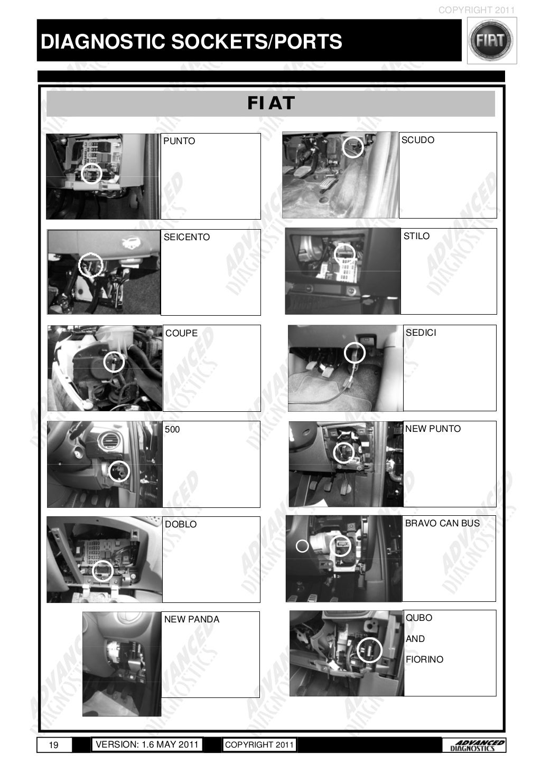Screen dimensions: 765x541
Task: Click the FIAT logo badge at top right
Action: (491, 41)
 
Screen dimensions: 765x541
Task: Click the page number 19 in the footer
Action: (53, 745)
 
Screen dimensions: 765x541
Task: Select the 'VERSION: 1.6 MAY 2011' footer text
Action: (147, 744)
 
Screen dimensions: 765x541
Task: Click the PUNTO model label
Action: (179, 141)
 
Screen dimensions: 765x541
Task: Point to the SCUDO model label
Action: (418, 140)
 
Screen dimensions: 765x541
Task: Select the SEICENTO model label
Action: (186, 237)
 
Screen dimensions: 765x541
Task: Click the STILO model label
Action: (416, 236)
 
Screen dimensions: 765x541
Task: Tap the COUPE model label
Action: (181, 333)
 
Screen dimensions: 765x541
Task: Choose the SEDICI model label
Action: (421, 333)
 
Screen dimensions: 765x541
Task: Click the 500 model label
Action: (172, 429)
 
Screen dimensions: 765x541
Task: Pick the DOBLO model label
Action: (181, 524)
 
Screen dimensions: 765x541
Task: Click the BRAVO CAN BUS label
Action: (442, 523)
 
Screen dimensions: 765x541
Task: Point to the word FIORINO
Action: (424, 659)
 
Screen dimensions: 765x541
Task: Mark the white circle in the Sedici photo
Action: (355, 353)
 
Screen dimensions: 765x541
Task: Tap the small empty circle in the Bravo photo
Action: (302, 546)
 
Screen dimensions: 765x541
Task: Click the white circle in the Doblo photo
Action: (102, 570)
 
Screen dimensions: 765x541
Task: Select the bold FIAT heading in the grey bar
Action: (270, 103)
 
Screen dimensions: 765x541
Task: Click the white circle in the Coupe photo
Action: (114, 362)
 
